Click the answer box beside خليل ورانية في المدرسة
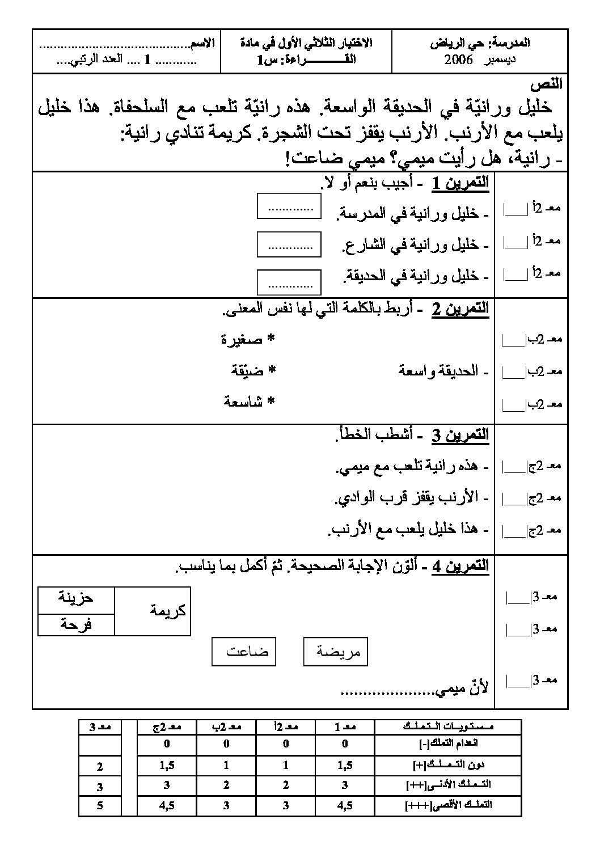pos(289,206)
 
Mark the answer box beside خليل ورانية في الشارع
pos(289,244)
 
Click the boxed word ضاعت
pos(244,652)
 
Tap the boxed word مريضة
pos(336,652)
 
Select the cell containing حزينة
pos(76,598)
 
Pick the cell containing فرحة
pos(76,625)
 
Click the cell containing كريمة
pos(153,611)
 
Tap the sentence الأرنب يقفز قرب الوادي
pos(407,497)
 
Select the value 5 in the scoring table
pos(100,805)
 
